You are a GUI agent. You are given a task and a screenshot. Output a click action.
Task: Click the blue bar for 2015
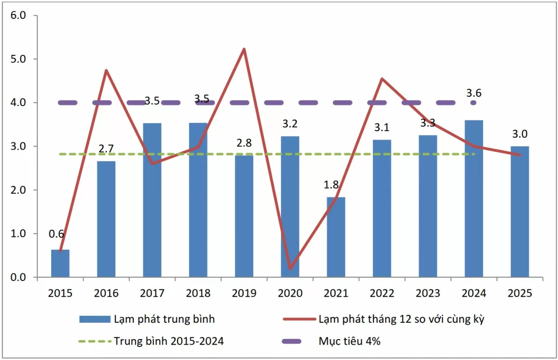coord(60,264)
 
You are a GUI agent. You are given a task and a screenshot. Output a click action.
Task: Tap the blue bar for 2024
coord(474,199)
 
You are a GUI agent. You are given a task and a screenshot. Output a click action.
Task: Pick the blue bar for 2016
coord(106,219)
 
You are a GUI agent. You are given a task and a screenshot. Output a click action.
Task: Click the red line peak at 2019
coord(244,49)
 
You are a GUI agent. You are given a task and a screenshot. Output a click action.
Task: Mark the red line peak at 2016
coord(106,70)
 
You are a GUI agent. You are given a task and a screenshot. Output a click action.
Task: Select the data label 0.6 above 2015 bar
coord(56,234)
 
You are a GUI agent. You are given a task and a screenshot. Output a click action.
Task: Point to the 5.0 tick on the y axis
coord(17,59)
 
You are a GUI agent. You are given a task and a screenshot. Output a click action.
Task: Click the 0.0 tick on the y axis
coord(17,278)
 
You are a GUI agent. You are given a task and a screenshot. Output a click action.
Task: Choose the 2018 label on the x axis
coord(198,293)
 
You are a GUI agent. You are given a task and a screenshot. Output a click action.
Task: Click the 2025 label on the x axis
coord(519,293)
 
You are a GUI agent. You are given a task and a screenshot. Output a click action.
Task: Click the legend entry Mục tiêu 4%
coord(350,341)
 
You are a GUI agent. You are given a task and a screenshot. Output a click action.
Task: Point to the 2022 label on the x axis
coord(382,293)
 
